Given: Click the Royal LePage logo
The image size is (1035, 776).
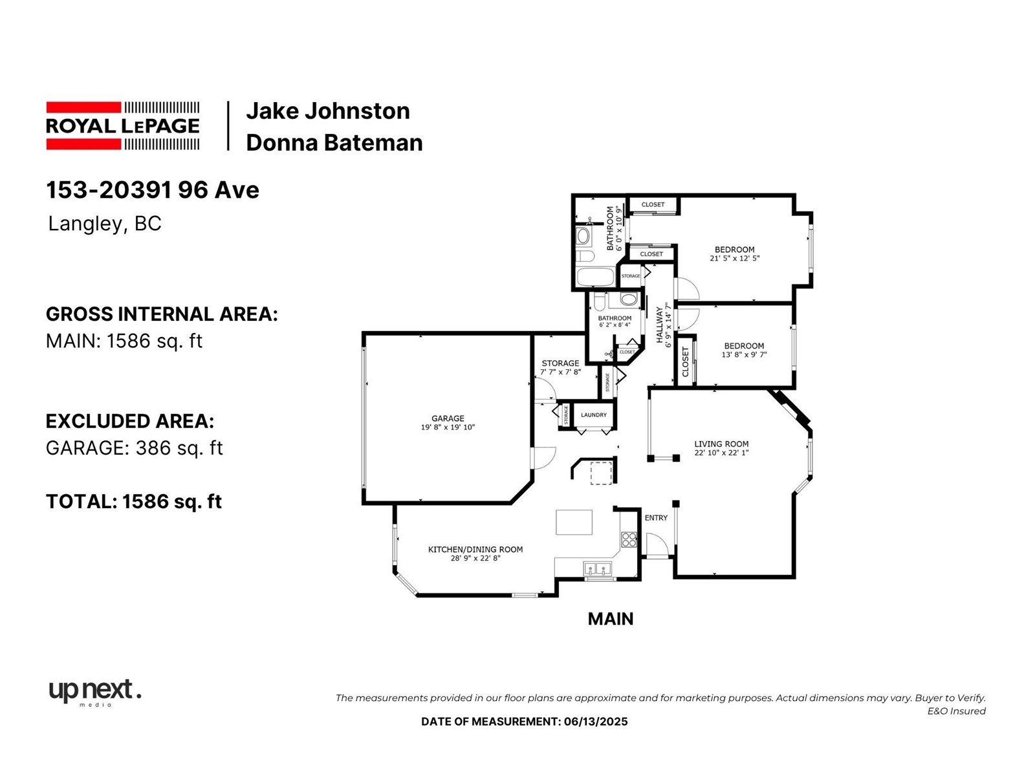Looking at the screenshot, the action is point(123,126).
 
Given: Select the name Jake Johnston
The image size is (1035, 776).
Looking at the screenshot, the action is point(328,111).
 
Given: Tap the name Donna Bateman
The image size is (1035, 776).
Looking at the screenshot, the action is point(334,143).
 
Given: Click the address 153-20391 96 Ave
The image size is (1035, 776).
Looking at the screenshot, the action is point(152,190).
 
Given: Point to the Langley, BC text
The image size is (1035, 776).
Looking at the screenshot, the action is point(105,223).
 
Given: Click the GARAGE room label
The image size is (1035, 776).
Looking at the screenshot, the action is point(448,418).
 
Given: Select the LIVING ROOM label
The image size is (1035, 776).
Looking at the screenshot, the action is point(721,444).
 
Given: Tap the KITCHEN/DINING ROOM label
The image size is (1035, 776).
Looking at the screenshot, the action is point(475,550).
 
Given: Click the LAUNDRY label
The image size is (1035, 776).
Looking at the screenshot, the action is point(594,415).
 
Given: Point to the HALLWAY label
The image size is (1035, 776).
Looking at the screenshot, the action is point(660,325).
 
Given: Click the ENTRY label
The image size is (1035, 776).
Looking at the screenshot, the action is point(656,518).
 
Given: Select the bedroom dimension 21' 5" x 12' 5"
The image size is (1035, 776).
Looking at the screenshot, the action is point(735,258).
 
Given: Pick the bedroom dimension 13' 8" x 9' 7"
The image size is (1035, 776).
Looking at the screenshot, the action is point(744,354).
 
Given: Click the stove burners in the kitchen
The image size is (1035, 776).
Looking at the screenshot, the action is point(629,539).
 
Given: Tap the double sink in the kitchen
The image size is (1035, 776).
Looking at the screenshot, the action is point(598,569).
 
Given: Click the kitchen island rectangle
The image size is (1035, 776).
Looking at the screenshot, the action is point(574,522).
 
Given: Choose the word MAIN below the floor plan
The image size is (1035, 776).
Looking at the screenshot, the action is point(611,619).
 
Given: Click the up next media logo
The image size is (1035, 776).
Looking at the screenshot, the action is point(95,693).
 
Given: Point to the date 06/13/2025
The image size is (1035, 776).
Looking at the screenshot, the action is point(596,721).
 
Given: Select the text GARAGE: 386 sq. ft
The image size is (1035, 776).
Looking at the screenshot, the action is point(134,447).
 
